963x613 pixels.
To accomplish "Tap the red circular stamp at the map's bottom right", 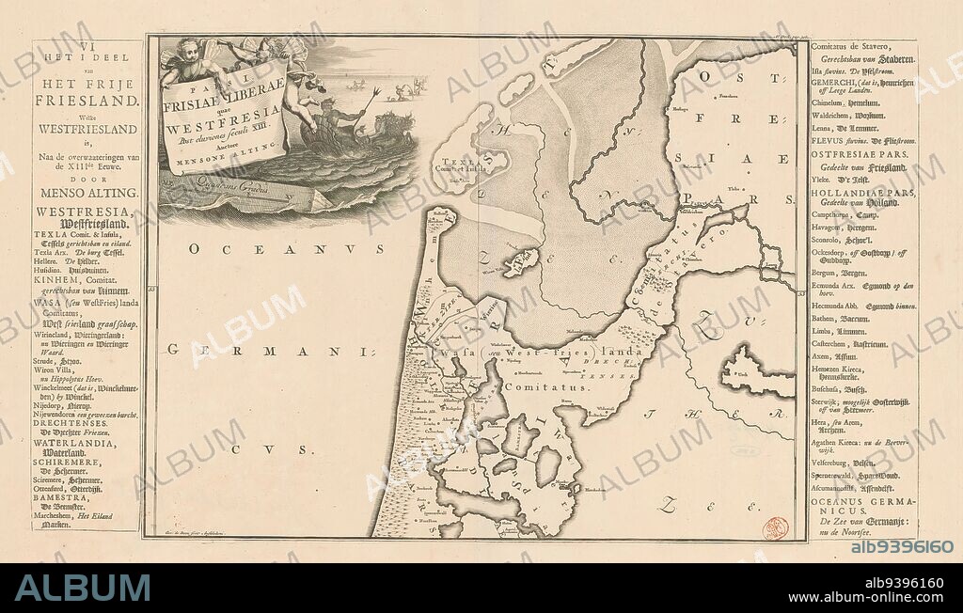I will tap(776, 527).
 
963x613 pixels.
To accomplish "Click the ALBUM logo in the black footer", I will tap(83, 588).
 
